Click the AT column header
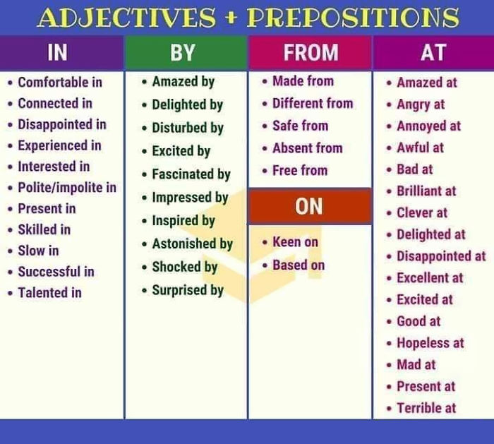pos(432,52)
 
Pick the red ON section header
pos(309,206)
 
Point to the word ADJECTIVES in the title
pos(126,17)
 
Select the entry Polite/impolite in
pos(67,188)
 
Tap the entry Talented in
pos(49,292)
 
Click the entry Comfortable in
pos(60,83)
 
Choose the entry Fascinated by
pos(191,174)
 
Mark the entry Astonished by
pos(192,244)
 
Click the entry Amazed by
pos(183,81)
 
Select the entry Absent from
pos(307,148)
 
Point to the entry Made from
pos(303,81)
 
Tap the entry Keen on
pos(295,242)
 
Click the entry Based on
pos(298,265)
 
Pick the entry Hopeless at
pos(430,343)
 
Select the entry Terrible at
pos(426,408)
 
